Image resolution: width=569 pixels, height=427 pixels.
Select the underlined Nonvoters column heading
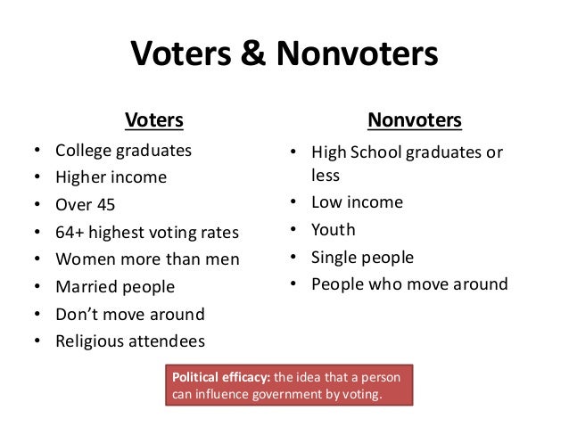415,119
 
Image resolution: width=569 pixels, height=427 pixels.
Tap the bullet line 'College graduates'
123,151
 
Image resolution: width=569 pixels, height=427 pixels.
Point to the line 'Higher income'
111,177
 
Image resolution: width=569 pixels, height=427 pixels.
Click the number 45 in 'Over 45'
106,205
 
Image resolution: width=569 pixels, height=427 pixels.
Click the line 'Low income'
357,202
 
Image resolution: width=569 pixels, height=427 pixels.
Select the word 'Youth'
333,230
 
